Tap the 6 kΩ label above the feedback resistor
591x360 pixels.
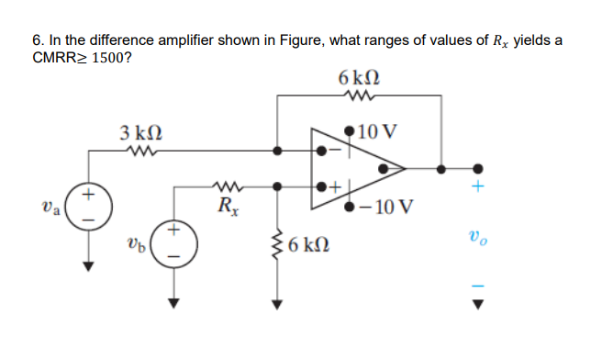pyautogui.click(x=354, y=73)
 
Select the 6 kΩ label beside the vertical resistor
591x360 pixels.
pyautogui.click(x=307, y=246)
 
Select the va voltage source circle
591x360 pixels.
pyautogui.click(x=88, y=208)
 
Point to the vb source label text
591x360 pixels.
pyautogui.click(x=137, y=247)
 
